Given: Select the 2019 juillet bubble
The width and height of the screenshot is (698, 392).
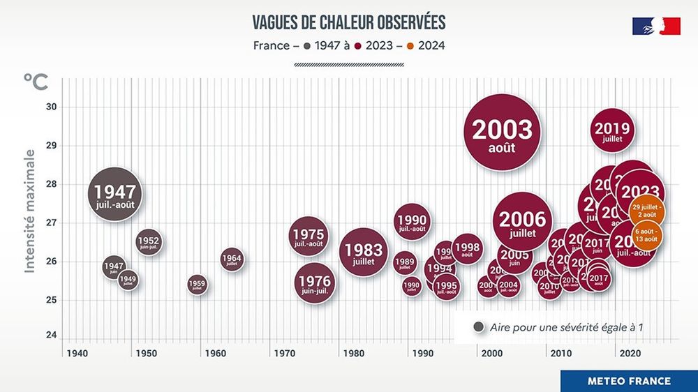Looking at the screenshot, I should (x=612, y=130).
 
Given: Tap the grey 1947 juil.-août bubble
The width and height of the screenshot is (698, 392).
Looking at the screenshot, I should (x=115, y=194).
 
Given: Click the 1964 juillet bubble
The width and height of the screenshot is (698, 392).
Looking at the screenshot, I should (x=232, y=259).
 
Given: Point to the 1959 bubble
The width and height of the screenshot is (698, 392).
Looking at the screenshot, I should (x=197, y=285).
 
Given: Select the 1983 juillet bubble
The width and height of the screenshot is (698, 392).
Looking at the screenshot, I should (x=364, y=252).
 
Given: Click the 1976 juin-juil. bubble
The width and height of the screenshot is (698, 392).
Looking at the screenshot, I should (x=313, y=284).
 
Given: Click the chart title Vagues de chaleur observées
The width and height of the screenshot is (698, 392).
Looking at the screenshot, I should (x=348, y=22).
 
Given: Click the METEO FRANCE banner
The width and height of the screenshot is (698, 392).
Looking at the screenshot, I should (x=628, y=381).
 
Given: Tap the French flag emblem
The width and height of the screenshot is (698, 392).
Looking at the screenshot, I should (x=656, y=26).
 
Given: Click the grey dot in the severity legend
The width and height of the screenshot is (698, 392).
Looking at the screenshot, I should (x=479, y=326).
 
